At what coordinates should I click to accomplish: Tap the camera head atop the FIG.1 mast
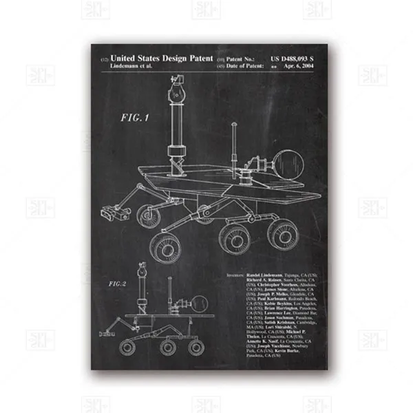coord(173,89)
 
